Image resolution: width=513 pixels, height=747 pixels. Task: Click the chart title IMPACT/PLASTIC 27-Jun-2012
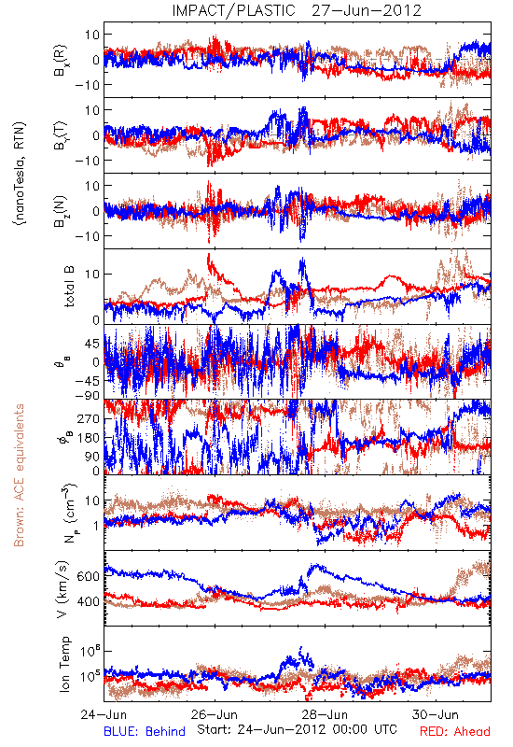(x=297, y=10)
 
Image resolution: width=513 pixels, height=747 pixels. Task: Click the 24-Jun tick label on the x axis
(x=104, y=714)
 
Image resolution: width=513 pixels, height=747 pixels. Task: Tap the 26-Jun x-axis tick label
(x=215, y=714)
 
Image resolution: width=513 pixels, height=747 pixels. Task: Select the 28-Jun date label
(x=325, y=714)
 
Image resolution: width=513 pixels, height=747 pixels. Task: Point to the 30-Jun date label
(x=436, y=714)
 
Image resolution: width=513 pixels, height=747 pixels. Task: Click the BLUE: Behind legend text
(x=145, y=731)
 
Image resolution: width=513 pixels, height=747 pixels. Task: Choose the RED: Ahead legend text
(x=455, y=731)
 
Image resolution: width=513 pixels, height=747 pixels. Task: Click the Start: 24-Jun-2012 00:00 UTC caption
(x=297, y=729)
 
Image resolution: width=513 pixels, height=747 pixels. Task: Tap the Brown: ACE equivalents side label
(x=19, y=475)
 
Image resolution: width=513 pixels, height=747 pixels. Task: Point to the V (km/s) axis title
(x=62, y=589)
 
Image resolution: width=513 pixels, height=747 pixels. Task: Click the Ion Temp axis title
(x=64, y=664)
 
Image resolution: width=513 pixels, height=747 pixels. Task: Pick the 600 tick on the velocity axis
(x=88, y=576)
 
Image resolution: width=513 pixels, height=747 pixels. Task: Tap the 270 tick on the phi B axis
(x=88, y=418)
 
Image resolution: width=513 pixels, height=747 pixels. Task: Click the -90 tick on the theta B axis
(x=87, y=395)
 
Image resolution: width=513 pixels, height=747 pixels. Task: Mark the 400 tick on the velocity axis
(x=88, y=601)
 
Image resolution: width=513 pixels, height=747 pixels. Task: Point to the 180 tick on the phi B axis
(x=88, y=438)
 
